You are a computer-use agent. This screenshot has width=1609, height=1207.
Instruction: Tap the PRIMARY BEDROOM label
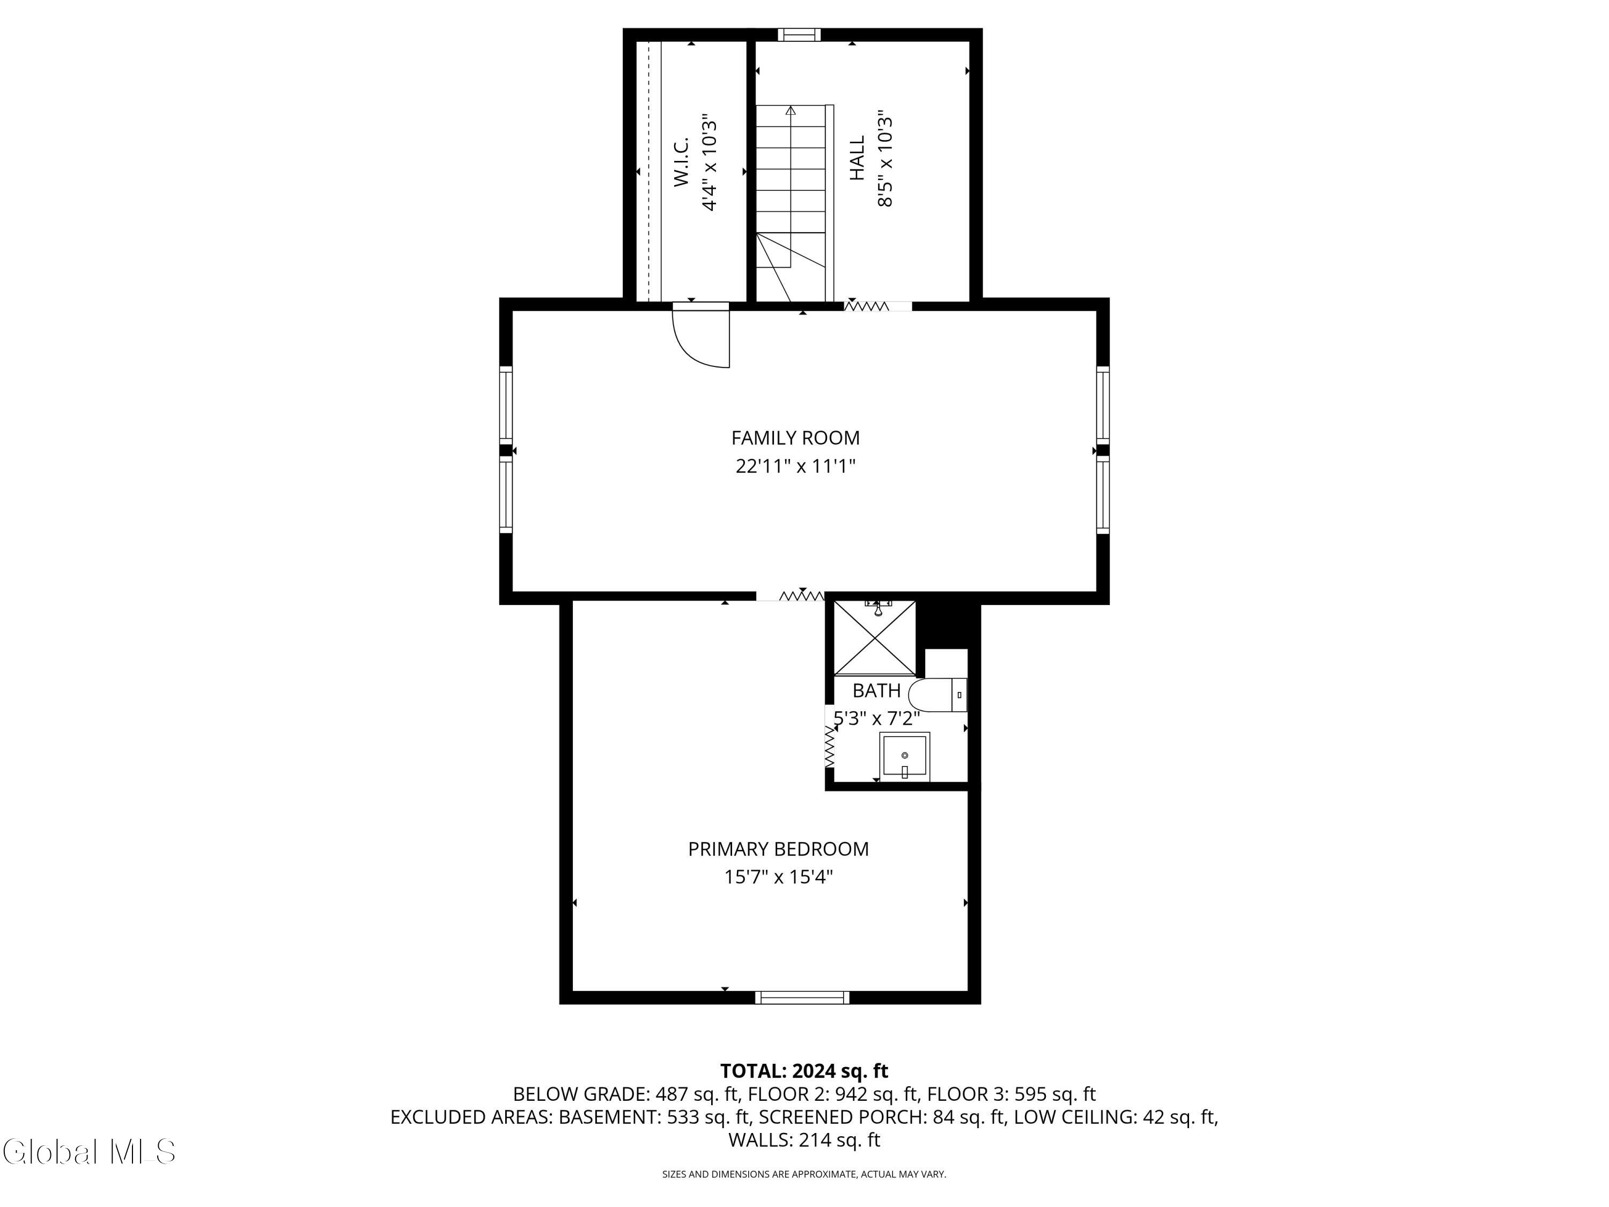(x=778, y=849)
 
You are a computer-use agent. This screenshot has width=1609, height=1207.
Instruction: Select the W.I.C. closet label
(x=681, y=163)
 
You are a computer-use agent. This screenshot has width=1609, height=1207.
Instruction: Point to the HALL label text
(x=858, y=158)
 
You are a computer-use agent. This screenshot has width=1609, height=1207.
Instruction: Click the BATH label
(x=876, y=690)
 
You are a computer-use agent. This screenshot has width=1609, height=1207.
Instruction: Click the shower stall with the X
(x=874, y=638)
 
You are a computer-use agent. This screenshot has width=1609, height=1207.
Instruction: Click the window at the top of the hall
(x=799, y=34)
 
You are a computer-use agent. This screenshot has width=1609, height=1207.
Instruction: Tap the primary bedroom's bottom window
(x=802, y=997)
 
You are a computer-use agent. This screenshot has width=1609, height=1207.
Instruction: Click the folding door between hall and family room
(x=867, y=306)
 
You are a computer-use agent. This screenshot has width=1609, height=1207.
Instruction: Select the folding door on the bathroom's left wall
(x=829, y=747)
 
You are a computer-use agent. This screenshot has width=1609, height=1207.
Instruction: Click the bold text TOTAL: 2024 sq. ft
(x=804, y=1071)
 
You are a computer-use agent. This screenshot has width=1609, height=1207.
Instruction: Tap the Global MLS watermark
(x=88, y=1152)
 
